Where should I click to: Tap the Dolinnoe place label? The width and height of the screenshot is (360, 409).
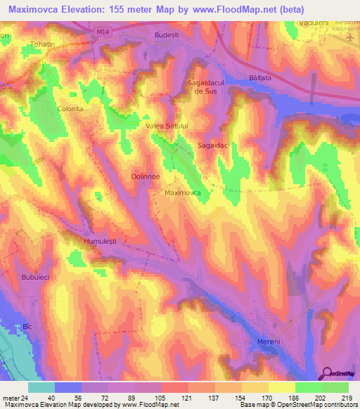click(146, 177)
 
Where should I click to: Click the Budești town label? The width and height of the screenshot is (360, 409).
click(168, 34)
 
